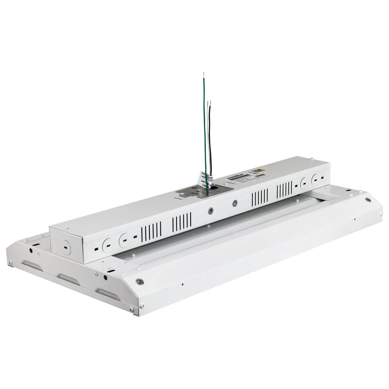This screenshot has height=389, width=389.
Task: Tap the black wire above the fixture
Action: (x=211, y=140)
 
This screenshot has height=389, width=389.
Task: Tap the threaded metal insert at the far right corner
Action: (x=367, y=200)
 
